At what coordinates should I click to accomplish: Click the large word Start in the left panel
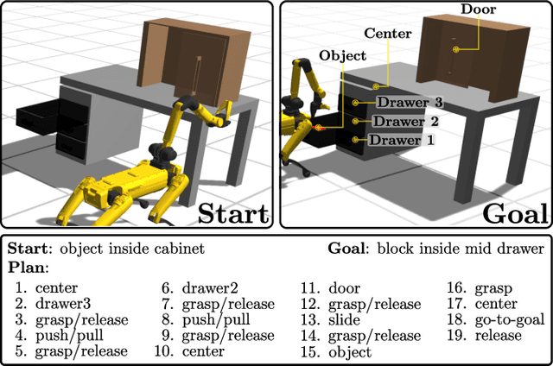coord(232,211)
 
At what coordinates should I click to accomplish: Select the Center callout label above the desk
coord(386,34)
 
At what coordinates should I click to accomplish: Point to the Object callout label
coord(342,54)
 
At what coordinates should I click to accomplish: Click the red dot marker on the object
coord(318,127)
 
